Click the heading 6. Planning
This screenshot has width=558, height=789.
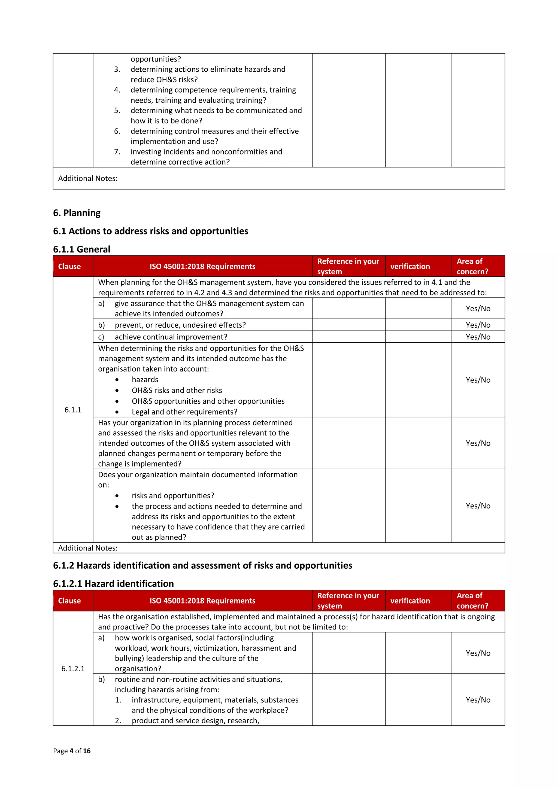point(77,213)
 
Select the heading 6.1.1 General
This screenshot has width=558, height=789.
point(81,249)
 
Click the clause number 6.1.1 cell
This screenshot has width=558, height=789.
point(73,410)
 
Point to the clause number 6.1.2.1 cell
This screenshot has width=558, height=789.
point(73,668)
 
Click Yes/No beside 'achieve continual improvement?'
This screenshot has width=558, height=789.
point(478,337)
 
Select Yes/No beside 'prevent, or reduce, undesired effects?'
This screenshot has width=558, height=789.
point(478,325)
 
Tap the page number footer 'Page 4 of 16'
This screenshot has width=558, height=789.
point(72,751)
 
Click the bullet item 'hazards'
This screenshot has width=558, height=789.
point(145,379)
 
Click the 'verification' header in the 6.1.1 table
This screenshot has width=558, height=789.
point(410,266)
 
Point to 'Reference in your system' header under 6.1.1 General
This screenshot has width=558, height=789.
point(348,266)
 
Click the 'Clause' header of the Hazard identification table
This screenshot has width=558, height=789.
point(69,601)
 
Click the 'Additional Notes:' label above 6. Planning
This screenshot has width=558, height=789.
point(88,178)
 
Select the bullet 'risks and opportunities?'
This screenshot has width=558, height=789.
point(172,495)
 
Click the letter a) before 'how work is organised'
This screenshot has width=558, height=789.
point(101,638)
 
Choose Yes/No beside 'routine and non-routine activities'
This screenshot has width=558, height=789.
point(478,700)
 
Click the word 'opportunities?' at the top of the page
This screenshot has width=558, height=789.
point(155,59)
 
